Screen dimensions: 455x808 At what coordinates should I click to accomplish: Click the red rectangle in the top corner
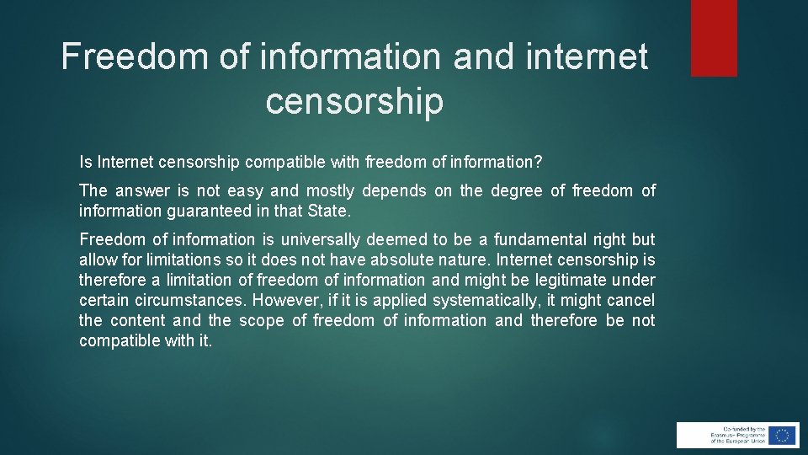714,38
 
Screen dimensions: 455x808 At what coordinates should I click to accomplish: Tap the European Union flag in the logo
783,435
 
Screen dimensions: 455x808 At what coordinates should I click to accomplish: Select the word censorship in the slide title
354,101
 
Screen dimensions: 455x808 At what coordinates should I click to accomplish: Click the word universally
319,240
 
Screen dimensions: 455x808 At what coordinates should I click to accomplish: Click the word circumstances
189,301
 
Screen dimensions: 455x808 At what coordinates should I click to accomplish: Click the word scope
261,321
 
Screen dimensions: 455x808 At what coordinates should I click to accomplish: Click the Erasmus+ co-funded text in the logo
727,435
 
